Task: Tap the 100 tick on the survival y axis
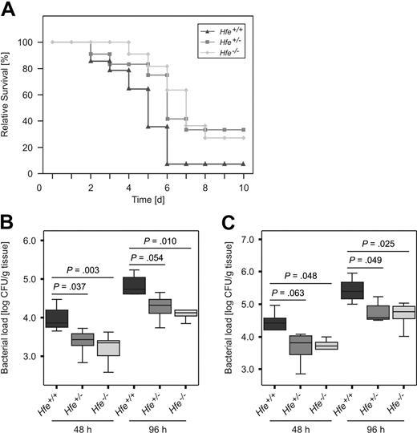(x=30, y=42)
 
